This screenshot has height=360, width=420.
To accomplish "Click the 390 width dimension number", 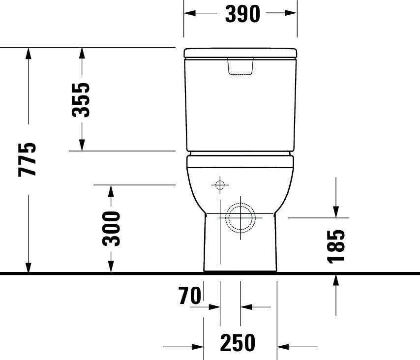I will [x=242, y=14].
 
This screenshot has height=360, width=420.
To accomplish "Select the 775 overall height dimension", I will [x=28, y=159].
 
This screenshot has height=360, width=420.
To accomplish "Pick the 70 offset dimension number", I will [x=190, y=296].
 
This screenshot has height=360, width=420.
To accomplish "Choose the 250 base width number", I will [x=238, y=343].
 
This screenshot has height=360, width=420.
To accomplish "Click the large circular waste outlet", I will [x=240, y=217].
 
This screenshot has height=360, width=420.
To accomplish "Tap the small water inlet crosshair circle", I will [x=219, y=185].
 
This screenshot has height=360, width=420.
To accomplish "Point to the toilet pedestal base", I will [x=240, y=246].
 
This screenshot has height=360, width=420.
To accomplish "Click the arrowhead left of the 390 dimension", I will [x=190, y=13].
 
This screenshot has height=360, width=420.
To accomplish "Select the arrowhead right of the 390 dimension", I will [x=291, y=13].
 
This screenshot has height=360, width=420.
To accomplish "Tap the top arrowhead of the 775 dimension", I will [x=28, y=53].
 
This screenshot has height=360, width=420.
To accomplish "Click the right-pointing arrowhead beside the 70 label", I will [x=214, y=307].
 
